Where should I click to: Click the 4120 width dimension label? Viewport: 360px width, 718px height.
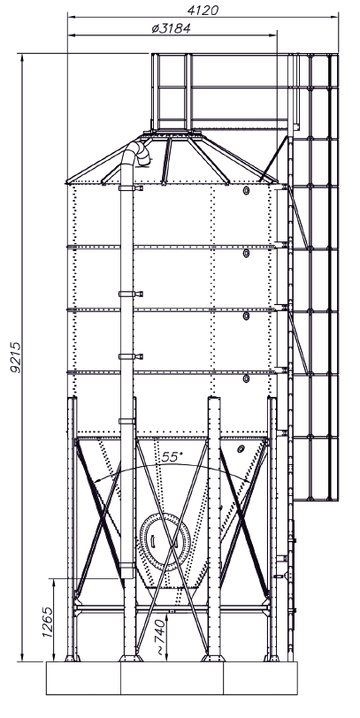[203, 10]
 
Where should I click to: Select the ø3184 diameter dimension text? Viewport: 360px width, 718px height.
[171, 28]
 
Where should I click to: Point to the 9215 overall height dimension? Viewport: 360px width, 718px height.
[16, 357]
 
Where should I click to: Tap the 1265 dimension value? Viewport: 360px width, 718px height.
[47, 622]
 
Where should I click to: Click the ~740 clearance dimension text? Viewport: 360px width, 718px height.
[160, 638]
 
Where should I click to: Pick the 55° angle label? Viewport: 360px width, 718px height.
[172, 457]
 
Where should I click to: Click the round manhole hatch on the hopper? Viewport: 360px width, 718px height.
[165, 542]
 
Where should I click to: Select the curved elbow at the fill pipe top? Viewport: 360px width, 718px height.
[139, 152]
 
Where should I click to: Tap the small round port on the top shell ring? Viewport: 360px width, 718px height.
[247, 190]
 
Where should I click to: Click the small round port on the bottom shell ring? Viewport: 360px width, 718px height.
[247, 378]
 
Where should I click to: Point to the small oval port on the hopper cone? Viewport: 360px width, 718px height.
[241, 449]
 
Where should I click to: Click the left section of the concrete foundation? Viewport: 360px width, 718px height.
[83, 678]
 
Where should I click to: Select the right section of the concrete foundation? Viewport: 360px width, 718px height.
[260, 678]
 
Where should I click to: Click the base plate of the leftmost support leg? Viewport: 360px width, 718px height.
[72, 659]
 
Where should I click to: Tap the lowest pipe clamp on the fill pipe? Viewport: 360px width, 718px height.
[126, 565]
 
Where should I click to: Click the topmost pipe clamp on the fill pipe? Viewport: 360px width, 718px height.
[131, 187]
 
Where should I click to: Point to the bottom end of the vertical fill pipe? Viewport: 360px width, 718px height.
[126, 577]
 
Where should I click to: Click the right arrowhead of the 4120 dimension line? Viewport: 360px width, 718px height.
[334, 18]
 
